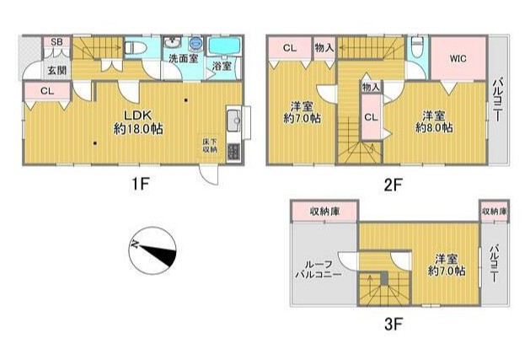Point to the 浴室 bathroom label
click(222, 66)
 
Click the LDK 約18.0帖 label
click(138, 122)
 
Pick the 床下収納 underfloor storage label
click(209, 144)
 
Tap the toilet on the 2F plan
click(417, 47)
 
